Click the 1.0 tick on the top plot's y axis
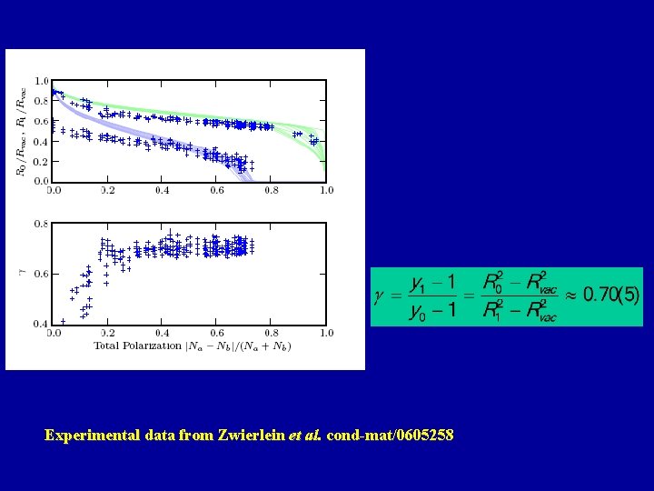[42, 81]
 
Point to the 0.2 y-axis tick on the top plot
[42, 162]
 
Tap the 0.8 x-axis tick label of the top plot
[272, 191]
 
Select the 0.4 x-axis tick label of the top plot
[162, 191]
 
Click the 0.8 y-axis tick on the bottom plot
[42, 224]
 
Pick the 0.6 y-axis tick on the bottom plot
[42, 274]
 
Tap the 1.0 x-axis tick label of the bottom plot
[325, 334]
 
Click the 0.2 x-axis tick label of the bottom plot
[107, 334]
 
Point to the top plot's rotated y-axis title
[21, 127]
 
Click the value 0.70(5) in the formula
[611, 295]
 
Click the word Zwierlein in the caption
[251, 436]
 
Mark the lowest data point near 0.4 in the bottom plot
[62, 321]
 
